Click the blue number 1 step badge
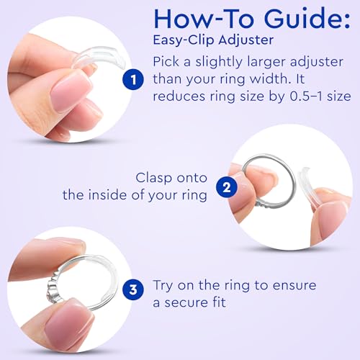(x=133, y=79)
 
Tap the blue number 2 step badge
(x=227, y=187)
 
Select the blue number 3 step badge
(x=133, y=289)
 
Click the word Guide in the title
(x=307, y=19)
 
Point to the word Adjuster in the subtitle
(x=246, y=40)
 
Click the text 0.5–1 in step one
(x=307, y=96)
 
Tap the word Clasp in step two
(x=154, y=178)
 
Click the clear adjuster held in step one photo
(x=99, y=57)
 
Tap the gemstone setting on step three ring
(x=52, y=288)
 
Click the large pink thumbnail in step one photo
(x=71, y=92)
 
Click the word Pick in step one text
(x=166, y=62)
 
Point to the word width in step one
(x=271, y=78)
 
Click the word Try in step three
(x=163, y=286)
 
